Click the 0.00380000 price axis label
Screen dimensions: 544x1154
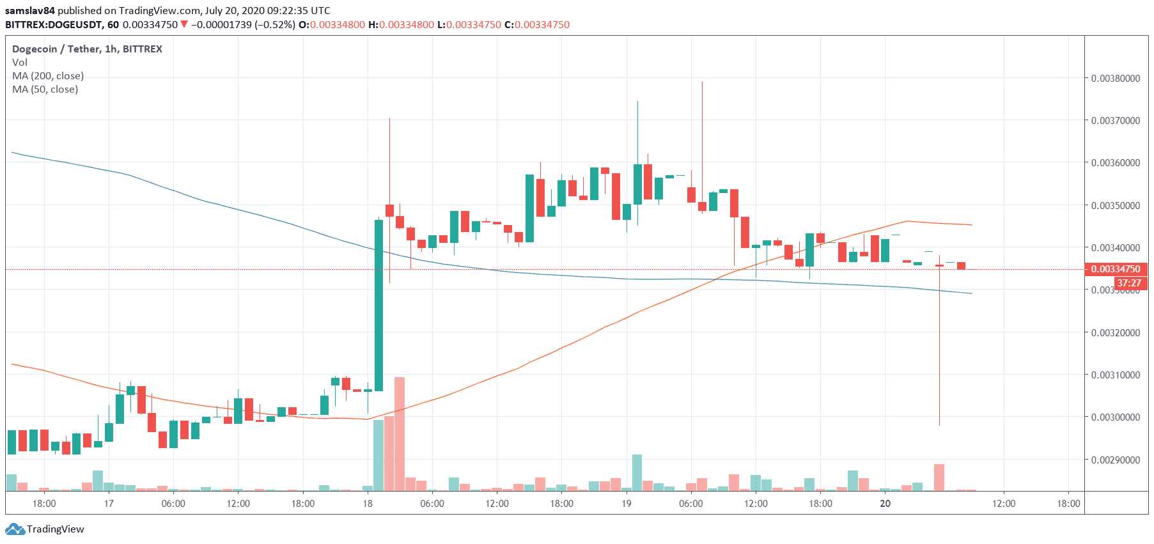click(x=1115, y=79)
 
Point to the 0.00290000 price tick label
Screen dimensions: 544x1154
click(x=1115, y=460)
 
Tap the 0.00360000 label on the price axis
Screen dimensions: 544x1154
click(x=1115, y=163)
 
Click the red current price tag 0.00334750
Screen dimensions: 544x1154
click(x=1116, y=269)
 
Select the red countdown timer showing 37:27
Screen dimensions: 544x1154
click(x=1128, y=283)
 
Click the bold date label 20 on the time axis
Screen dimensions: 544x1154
click(x=885, y=504)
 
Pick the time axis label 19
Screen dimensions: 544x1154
click(x=627, y=504)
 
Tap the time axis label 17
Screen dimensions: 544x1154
click(x=109, y=504)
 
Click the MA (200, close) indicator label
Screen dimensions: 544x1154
click(x=48, y=76)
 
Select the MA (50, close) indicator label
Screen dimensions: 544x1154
click(x=45, y=89)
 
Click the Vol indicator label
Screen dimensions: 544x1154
click(x=20, y=63)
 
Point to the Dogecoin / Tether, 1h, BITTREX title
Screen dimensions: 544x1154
click(x=87, y=49)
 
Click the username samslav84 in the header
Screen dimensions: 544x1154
click(x=30, y=11)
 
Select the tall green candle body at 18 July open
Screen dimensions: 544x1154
click(x=379, y=305)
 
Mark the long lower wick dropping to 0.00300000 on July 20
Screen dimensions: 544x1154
click(x=939, y=358)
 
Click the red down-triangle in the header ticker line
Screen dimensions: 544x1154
click(x=184, y=25)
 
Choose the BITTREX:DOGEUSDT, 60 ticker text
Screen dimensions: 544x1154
click(x=62, y=25)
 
